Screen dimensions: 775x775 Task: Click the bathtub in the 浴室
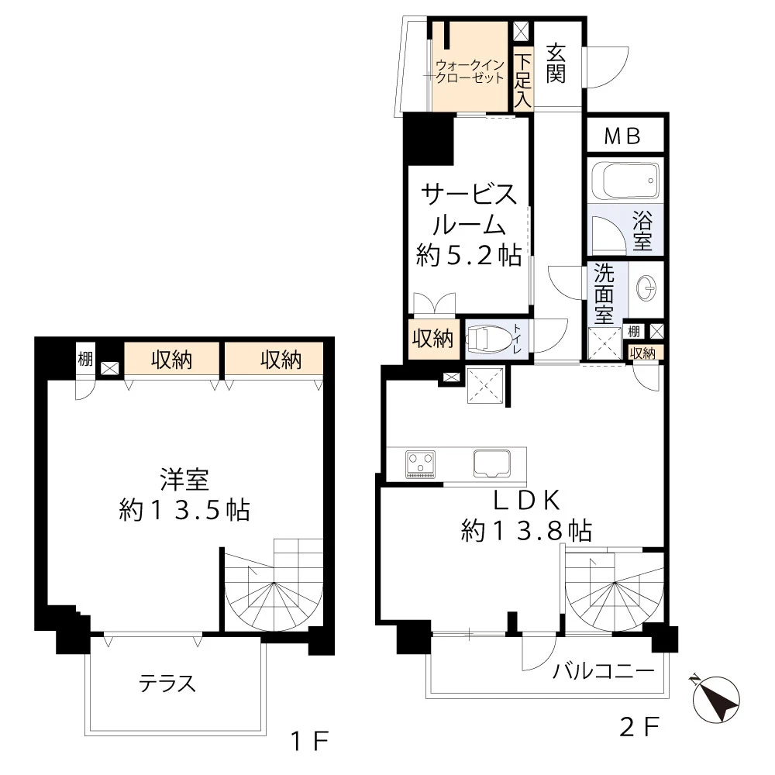click(x=625, y=181)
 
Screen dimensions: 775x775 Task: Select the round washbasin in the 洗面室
click(x=646, y=288)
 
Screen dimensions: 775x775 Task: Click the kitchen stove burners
click(x=421, y=464)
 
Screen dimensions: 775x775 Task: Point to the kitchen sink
click(x=492, y=463)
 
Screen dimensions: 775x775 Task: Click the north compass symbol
click(x=716, y=699)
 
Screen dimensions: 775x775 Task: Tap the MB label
click(x=622, y=136)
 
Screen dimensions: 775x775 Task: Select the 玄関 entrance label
click(x=556, y=64)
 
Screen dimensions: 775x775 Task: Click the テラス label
click(x=167, y=684)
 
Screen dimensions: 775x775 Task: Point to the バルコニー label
click(x=604, y=671)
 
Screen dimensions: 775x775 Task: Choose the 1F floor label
click(x=309, y=741)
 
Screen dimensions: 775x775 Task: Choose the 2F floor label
click(x=639, y=727)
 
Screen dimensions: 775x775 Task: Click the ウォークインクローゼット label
click(x=469, y=71)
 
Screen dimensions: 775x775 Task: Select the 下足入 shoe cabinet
click(x=522, y=80)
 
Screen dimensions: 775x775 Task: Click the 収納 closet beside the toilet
click(x=432, y=339)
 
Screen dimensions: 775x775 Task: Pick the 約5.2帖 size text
click(x=469, y=256)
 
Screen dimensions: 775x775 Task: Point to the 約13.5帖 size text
click(x=184, y=510)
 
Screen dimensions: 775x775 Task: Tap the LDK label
click(x=527, y=500)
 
